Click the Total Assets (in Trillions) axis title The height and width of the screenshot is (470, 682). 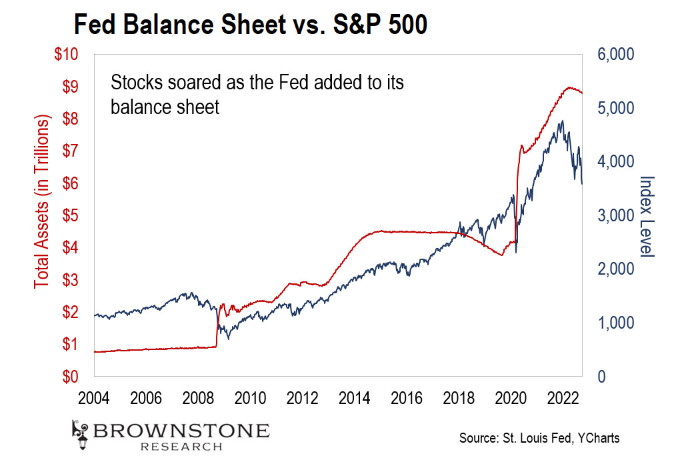(x=43, y=201)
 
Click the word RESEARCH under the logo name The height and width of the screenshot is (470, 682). (x=181, y=447)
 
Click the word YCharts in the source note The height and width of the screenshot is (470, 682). (x=599, y=438)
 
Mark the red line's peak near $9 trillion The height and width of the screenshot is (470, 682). (x=569, y=87)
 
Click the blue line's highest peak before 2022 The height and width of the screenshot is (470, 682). (x=562, y=121)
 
